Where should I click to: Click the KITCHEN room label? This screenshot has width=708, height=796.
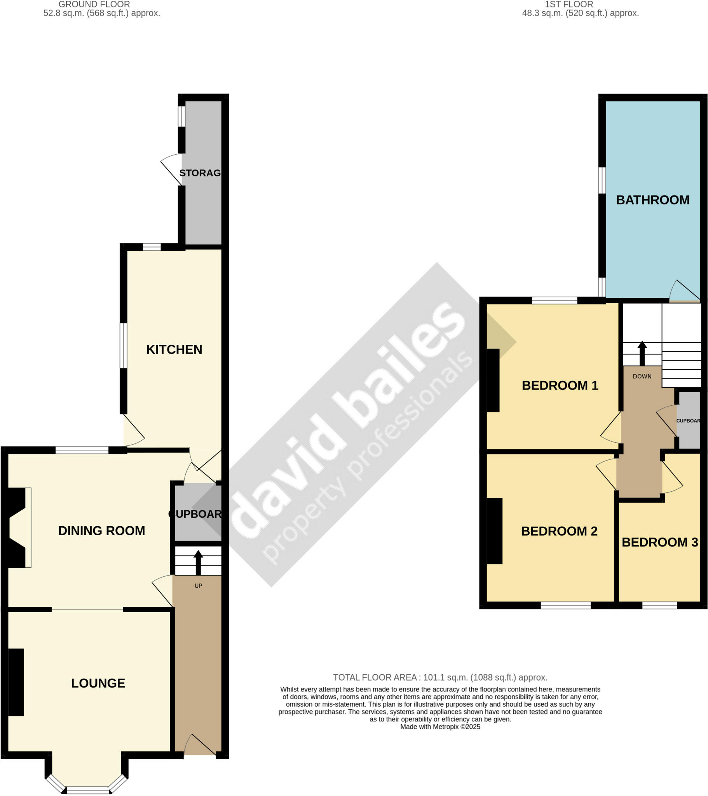(174, 349)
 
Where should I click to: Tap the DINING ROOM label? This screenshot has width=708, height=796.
(102, 531)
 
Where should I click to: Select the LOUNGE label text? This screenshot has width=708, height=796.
(98, 683)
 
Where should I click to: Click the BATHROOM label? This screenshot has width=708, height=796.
(653, 200)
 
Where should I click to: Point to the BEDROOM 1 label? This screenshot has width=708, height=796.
(560, 385)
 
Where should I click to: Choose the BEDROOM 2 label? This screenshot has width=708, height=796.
(559, 531)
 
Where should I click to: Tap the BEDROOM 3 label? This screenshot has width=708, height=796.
(660, 542)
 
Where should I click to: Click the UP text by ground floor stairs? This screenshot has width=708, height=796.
(198, 586)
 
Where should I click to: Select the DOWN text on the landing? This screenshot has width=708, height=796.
(642, 376)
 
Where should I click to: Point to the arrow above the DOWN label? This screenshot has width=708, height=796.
(642, 353)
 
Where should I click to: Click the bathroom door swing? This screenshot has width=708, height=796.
(684, 292)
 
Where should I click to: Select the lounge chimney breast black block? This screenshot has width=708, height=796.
(16, 682)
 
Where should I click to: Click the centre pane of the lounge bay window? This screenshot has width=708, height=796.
(88, 790)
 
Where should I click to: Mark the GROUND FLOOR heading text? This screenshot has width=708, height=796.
(94, 4)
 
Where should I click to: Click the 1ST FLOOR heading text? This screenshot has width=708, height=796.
(568, 4)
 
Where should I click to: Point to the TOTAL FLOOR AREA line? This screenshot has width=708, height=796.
(440, 677)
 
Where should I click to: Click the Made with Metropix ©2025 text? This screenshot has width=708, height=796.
(440, 727)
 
